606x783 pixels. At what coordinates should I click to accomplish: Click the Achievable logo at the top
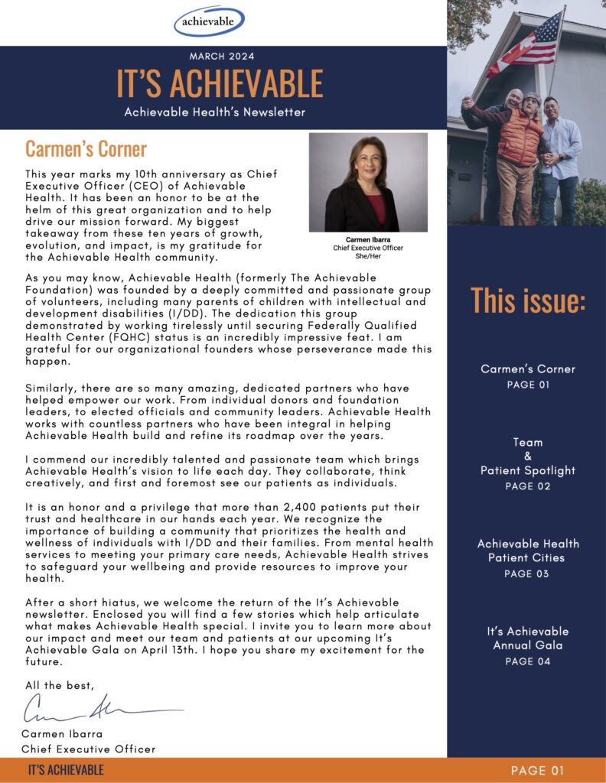tap(208, 21)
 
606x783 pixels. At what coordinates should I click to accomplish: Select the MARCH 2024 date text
tap(221, 56)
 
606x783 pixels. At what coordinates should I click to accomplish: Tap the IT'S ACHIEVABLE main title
tap(220, 83)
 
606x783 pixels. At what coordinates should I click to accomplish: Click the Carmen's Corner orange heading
tap(86, 148)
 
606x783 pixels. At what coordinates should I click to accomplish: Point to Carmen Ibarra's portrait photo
tap(368, 183)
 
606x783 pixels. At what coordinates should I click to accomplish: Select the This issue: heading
tap(528, 300)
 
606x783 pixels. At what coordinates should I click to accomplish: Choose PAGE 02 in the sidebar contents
tap(528, 486)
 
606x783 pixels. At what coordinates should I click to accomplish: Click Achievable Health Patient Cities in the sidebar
tap(528, 551)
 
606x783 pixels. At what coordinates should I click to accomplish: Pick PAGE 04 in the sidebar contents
tap(528, 661)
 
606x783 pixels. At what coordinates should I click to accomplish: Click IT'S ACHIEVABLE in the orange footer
tap(66, 770)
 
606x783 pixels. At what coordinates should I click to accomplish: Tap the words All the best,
tap(60, 685)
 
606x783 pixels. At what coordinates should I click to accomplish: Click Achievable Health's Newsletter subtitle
tap(215, 112)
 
